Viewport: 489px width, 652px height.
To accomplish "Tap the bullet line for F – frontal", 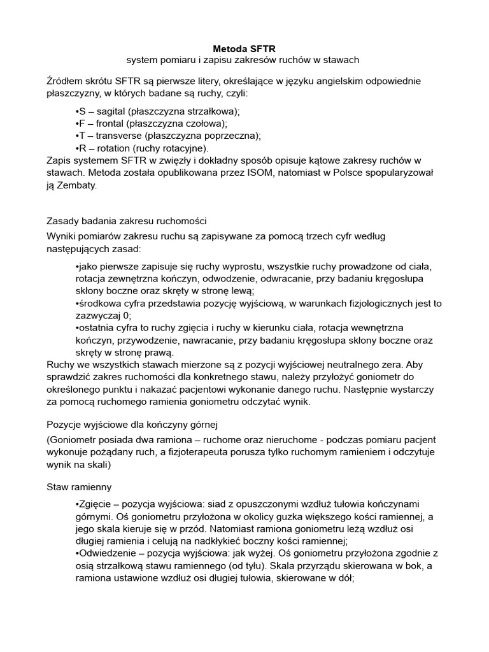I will click(x=151, y=124).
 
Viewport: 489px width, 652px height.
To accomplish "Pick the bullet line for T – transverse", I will click(x=168, y=136).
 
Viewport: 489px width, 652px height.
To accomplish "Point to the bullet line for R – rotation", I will click(x=141, y=148).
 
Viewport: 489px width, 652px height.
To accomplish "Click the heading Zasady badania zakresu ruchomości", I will click(x=127, y=221).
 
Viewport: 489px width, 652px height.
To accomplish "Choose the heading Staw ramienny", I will click(x=80, y=487).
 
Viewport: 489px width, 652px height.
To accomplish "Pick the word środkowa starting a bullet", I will click(x=99, y=303).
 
